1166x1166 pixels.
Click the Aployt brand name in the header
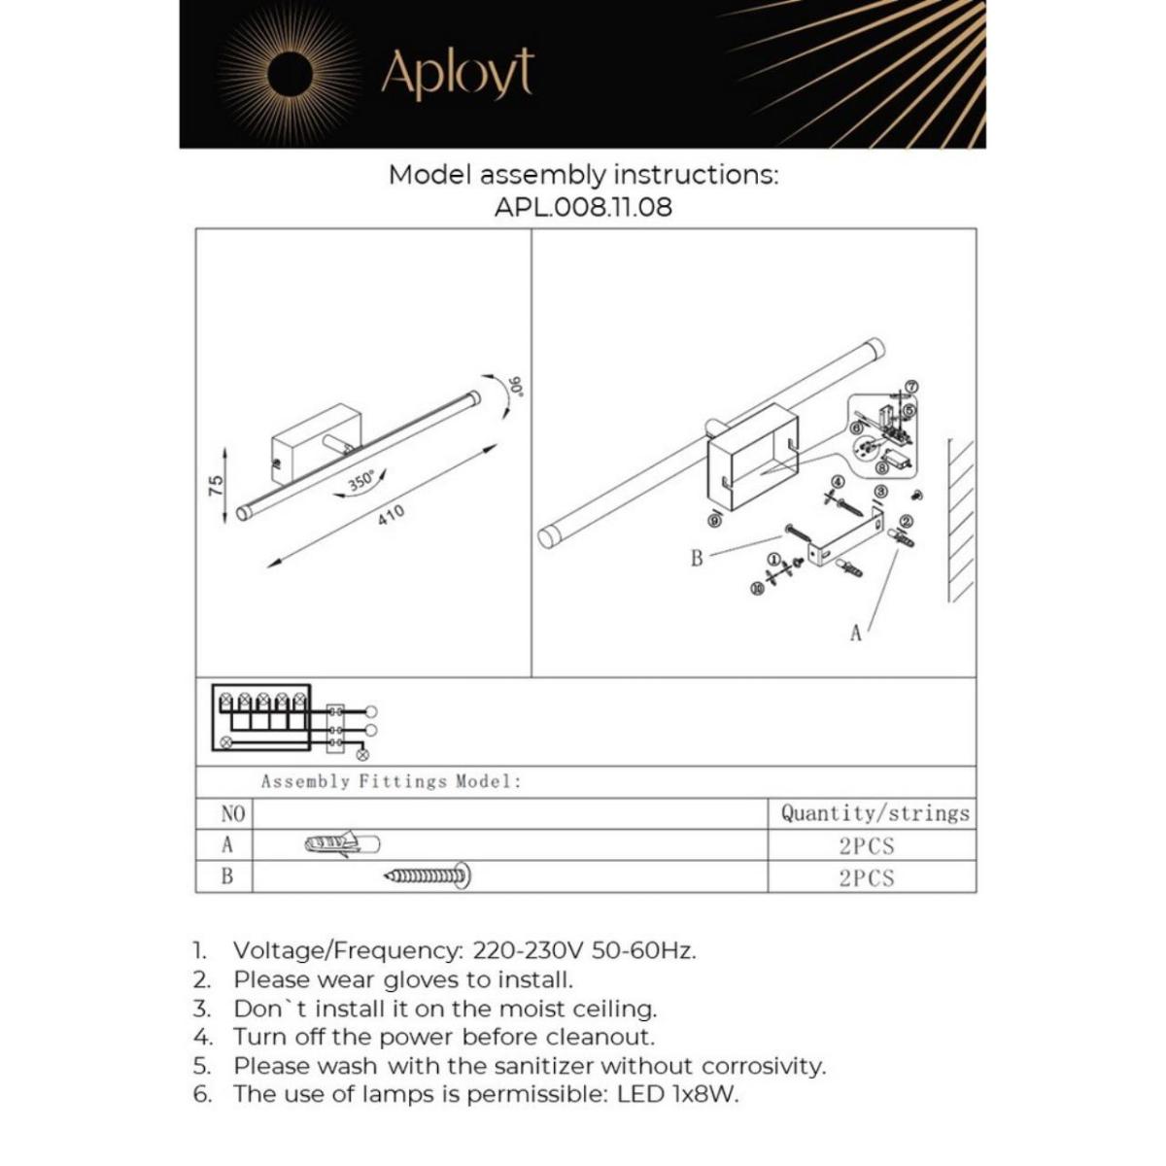coord(457,73)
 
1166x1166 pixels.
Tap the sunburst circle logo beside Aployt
coord(289,74)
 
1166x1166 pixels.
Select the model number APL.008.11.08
coord(583,207)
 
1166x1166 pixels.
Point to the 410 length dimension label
coord(391,515)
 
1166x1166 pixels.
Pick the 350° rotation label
coord(361,482)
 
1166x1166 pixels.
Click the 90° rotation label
coord(518,388)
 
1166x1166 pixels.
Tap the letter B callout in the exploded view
coord(696,559)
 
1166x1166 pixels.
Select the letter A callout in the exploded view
coord(855,634)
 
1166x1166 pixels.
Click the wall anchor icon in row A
coord(342,844)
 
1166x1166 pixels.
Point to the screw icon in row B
coord(429,876)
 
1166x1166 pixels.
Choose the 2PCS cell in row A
coord(867,845)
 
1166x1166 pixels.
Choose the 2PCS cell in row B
coord(867,877)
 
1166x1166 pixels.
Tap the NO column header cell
coord(233,813)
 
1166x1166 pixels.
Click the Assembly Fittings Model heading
coord(391,781)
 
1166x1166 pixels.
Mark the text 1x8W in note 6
coord(703,1094)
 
